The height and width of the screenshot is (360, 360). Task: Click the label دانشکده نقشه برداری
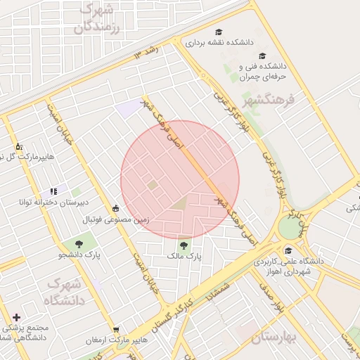[219, 43]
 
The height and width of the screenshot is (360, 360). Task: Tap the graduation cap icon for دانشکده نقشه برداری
[219, 32]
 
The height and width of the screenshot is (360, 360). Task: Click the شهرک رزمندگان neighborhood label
[97, 18]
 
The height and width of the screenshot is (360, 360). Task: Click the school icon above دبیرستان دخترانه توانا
[53, 191]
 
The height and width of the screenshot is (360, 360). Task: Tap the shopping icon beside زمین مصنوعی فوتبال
[115, 208]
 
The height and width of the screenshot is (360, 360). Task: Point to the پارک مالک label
[184, 257]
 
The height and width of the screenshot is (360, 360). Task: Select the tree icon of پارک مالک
[184, 245]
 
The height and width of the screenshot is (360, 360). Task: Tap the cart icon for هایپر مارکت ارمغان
[116, 329]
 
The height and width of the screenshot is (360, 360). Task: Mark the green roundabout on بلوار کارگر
[289, 227]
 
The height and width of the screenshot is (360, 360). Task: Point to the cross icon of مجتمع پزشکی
[16, 318]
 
